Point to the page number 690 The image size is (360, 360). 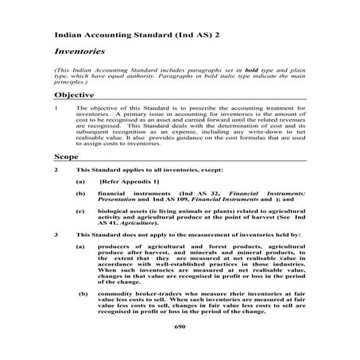pos(179,326)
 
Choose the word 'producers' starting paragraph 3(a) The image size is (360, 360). pos(116,247)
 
